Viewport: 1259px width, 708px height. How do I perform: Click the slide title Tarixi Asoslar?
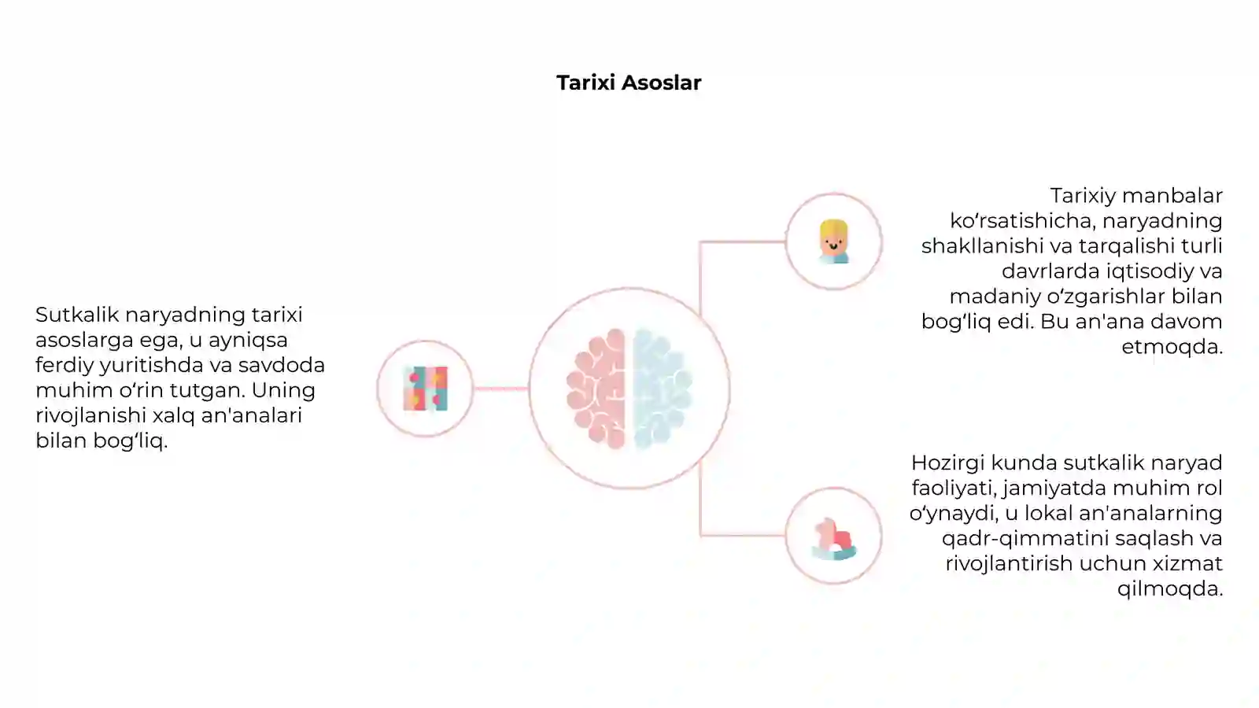click(629, 83)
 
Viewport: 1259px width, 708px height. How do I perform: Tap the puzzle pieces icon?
click(426, 389)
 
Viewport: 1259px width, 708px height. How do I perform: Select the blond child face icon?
click(833, 242)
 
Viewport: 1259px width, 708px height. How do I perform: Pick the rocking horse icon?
click(834, 539)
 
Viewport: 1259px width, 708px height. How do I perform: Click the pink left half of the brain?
click(597, 389)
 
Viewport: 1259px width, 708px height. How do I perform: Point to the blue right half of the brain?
click(662, 389)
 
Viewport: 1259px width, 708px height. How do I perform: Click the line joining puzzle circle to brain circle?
click(500, 389)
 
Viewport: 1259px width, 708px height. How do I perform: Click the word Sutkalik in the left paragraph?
click(77, 315)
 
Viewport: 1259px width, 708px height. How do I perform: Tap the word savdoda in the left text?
click(282, 365)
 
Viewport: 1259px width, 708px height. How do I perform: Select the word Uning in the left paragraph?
click(283, 391)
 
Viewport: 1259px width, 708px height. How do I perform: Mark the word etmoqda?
click(1172, 347)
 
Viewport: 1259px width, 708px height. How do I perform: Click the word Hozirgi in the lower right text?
click(948, 463)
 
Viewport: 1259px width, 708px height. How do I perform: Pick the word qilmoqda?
click(1170, 589)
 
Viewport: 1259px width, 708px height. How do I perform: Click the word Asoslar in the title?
click(662, 83)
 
